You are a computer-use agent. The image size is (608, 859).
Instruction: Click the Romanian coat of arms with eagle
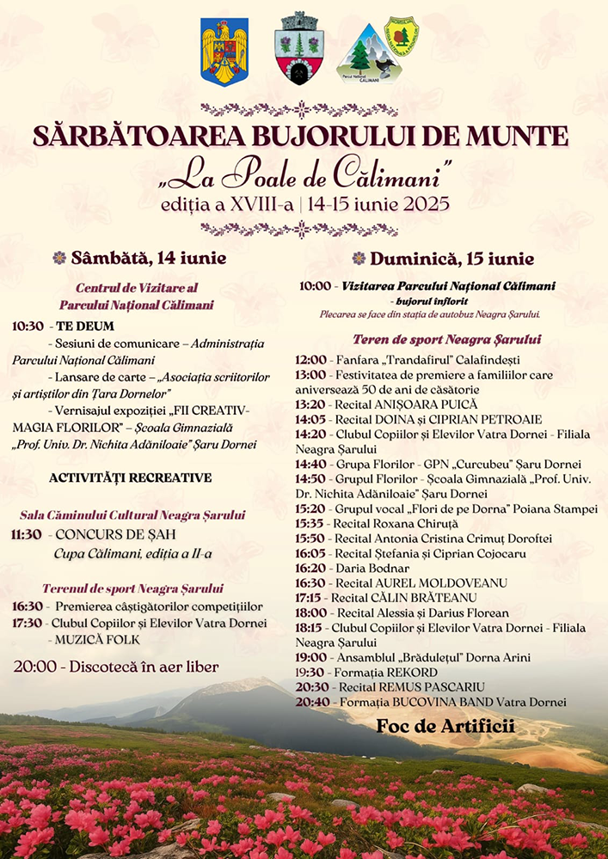pos(224,52)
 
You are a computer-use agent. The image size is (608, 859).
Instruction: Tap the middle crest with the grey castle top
pos(298,49)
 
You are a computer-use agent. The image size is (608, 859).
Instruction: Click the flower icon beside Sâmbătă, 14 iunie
pos(59,257)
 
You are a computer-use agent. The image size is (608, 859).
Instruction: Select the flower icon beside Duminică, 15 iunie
pos(359,259)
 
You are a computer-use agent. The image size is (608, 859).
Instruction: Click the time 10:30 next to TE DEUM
pos(28,326)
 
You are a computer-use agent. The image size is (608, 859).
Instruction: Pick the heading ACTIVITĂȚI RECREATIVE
pos(131,478)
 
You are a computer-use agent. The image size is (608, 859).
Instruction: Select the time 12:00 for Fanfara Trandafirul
pos(310,360)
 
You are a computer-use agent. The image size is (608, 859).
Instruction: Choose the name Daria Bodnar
pos(371,568)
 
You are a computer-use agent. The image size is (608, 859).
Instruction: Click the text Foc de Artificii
pos(445,727)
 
